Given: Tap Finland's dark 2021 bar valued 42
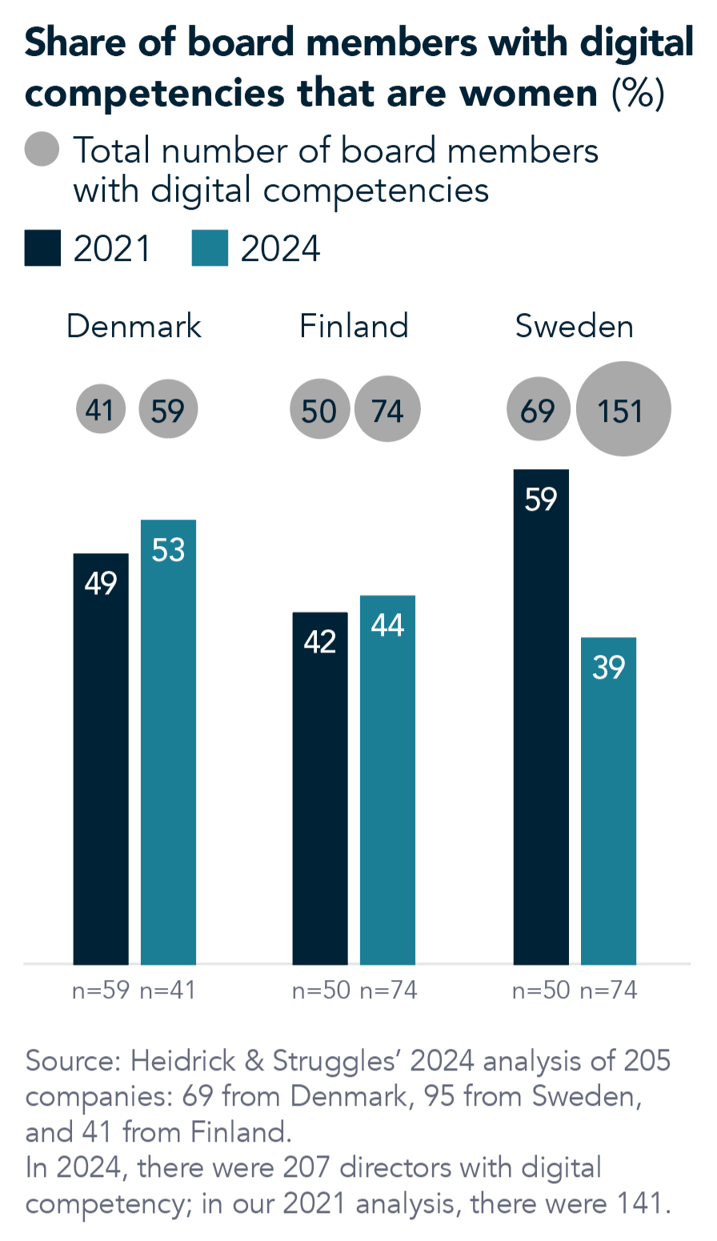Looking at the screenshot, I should tap(320, 788).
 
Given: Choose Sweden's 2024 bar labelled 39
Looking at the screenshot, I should tap(608, 800).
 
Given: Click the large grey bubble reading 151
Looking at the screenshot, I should tap(623, 409).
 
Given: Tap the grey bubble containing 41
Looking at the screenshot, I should tap(101, 410).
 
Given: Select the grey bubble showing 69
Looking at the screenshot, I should tap(539, 410).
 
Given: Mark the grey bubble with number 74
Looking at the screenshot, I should tap(387, 410).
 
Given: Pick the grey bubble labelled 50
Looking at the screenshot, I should tap(320, 410).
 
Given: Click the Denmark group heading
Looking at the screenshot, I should tap(134, 327).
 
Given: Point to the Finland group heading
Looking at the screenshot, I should tap(354, 327).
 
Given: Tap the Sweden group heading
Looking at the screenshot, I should tap(574, 327).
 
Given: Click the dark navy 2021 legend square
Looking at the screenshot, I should tap(42, 248).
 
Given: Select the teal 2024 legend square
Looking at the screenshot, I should tap(210, 248).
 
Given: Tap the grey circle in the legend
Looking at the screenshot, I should tap(42, 150).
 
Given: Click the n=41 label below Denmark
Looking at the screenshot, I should tap(167, 990).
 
